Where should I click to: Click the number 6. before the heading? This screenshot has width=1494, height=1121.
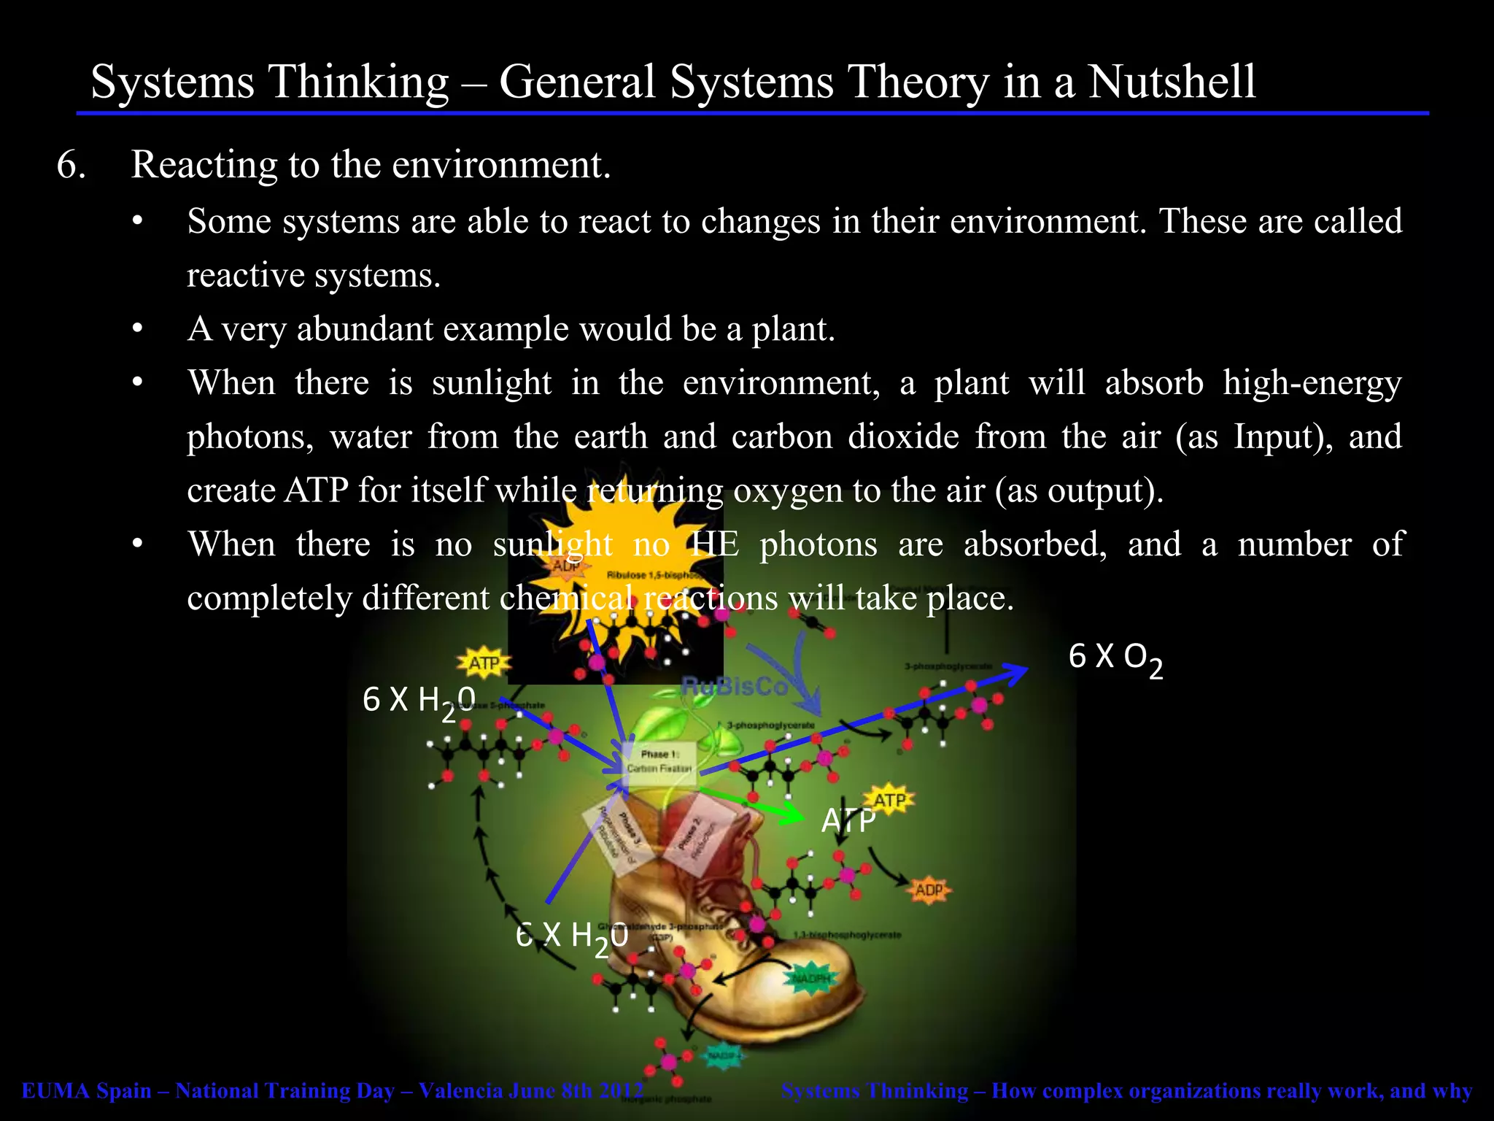coord(71,165)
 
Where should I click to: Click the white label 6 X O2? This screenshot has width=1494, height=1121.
coord(1115,658)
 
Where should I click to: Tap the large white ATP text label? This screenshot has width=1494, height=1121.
coord(848,822)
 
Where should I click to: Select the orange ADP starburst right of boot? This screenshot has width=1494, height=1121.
coord(929,890)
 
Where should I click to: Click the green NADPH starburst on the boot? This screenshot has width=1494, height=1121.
coord(810,979)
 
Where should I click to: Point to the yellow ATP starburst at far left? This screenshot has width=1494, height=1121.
coord(483,663)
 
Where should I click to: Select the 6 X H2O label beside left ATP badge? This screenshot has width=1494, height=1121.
coord(419,701)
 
